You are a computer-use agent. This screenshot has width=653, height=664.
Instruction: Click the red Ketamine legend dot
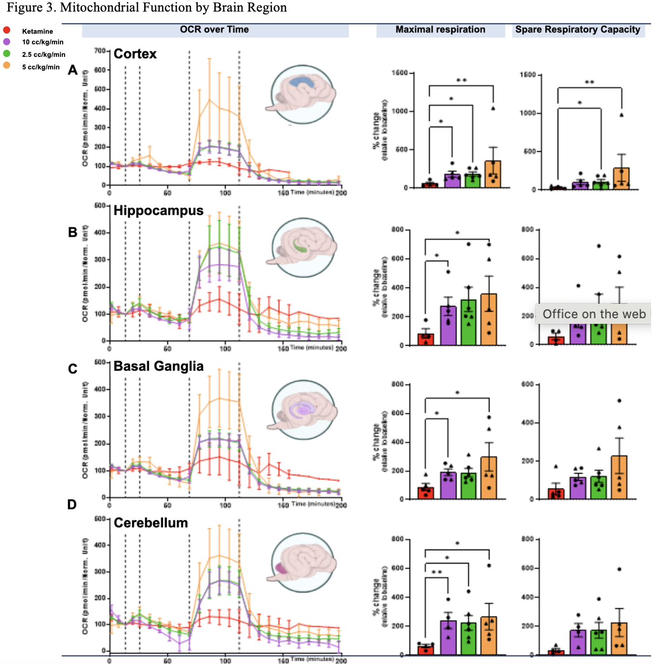[x=7, y=30]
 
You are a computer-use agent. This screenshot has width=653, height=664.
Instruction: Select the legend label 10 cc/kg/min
[x=42, y=42]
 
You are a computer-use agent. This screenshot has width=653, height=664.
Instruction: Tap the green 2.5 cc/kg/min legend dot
[x=7, y=53]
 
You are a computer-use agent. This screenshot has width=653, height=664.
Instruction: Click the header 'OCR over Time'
[x=214, y=29]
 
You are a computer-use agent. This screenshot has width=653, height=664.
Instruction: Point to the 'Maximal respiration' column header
[x=440, y=29]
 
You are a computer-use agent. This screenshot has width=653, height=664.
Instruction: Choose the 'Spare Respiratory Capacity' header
[x=577, y=29]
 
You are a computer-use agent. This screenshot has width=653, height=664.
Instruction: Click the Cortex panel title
[x=135, y=54]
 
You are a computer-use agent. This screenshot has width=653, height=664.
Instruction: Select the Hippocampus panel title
[x=158, y=211]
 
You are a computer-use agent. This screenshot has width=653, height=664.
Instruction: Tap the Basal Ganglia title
[x=158, y=366]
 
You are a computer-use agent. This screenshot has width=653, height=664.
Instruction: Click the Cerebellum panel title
[x=150, y=523]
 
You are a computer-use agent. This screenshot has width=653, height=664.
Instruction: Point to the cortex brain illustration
[x=302, y=94]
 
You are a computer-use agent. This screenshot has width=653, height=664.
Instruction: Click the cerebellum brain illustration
[x=302, y=562]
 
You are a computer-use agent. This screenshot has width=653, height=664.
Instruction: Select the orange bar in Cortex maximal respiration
[x=493, y=174]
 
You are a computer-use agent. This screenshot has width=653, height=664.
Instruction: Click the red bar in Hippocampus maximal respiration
[x=425, y=339]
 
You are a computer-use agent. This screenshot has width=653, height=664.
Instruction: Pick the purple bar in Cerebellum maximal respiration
[x=448, y=637]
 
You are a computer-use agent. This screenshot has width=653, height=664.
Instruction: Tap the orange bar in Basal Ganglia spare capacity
[x=619, y=477]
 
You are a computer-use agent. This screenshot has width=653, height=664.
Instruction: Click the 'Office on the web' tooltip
[x=594, y=314]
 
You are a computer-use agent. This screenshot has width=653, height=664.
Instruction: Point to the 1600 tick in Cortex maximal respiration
[x=399, y=73]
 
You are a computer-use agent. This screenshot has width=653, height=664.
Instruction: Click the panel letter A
[x=73, y=70]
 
